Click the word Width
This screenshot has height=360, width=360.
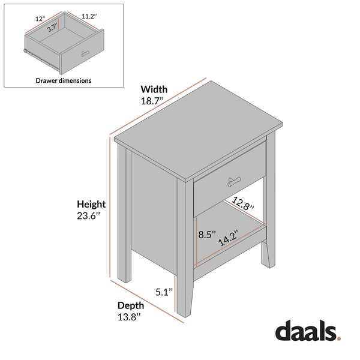click(x=154, y=89)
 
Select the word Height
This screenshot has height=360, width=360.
click(x=91, y=204)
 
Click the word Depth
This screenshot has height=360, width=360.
click(x=130, y=305)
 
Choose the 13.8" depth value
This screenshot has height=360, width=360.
click(x=130, y=317)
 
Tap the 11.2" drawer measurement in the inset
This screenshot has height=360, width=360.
click(x=88, y=19)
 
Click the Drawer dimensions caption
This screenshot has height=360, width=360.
click(x=64, y=80)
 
